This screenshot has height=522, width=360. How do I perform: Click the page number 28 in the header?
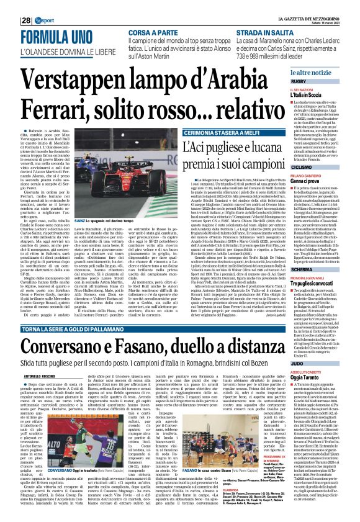(6, 6)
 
